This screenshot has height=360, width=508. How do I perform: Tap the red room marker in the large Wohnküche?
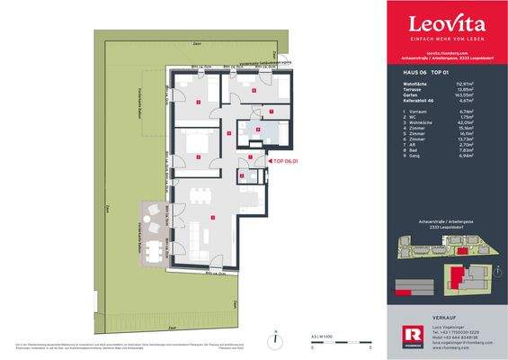coord(210,218)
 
